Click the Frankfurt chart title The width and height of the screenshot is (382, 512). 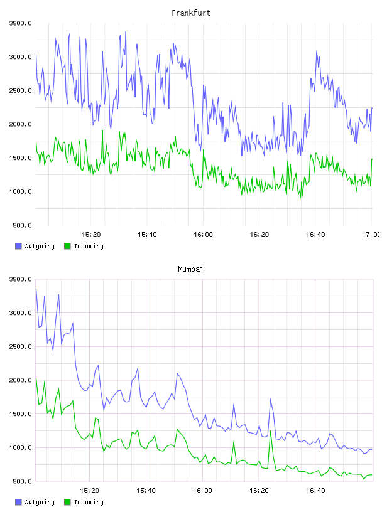[191, 13]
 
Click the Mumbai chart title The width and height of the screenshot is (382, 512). [190, 269]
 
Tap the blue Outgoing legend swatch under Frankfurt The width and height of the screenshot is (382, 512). [18, 246]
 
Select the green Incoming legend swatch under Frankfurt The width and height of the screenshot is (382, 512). [67, 246]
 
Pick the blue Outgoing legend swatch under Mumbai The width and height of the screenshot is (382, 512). [18, 502]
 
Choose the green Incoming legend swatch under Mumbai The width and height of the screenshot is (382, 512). [67, 502]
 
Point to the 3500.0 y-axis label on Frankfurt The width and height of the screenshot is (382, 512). [21, 23]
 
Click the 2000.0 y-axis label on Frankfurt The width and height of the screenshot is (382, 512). [21, 124]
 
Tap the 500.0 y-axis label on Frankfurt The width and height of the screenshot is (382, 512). [22, 225]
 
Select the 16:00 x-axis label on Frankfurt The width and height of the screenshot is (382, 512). [203, 235]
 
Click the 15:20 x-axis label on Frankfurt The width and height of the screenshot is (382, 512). [91, 235]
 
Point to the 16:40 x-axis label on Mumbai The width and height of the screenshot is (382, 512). [315, 491]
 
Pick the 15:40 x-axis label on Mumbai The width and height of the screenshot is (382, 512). [146, 491]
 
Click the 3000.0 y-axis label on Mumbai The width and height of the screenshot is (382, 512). [21, 313]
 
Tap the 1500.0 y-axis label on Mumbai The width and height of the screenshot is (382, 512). [21, 414]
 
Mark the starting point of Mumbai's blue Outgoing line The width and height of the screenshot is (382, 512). [36, 289]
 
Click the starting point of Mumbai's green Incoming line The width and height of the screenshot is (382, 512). [36, 378]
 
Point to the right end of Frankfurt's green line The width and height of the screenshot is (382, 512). [372, 159]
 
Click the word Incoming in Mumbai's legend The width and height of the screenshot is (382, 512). [89, 503]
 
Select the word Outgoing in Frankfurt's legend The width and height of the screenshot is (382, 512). [39, 247]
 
